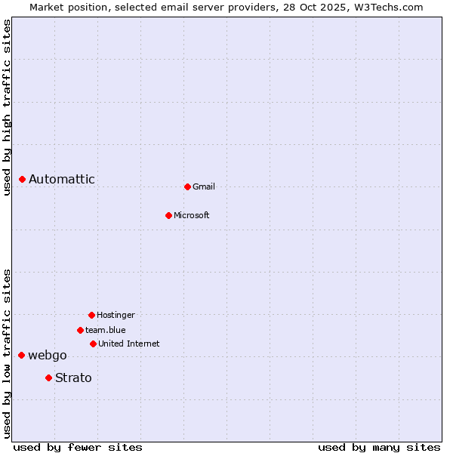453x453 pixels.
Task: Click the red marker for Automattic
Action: tap(23, 179)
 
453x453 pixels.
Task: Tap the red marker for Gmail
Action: tap(187, 186)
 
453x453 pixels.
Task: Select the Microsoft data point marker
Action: tap(168, 215)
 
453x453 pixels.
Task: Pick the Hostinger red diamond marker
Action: tap(91, 315)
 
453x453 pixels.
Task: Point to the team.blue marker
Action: tap(80, 330)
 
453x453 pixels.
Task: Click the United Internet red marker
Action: tap(93, 344)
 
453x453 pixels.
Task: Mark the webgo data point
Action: tap(21, 355)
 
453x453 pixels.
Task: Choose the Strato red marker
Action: tap(48, 377)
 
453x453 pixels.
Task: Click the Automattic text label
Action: tap(62, 179)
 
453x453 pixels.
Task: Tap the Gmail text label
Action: tap(204, 186)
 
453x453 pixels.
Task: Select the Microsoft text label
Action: tap(192, 215)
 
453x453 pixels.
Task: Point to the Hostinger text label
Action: tap(116, 315)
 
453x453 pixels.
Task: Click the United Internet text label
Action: tap(129, 344)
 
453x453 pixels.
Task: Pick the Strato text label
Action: tap(73, 377)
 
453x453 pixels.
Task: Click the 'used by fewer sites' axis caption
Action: tap(78, 447)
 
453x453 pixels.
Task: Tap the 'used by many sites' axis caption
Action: tap(379, 447)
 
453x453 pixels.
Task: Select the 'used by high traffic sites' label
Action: tap(7, 108)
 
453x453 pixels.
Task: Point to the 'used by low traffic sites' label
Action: tap(7, 353)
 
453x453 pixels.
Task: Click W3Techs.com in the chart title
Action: tap(388, 7)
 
